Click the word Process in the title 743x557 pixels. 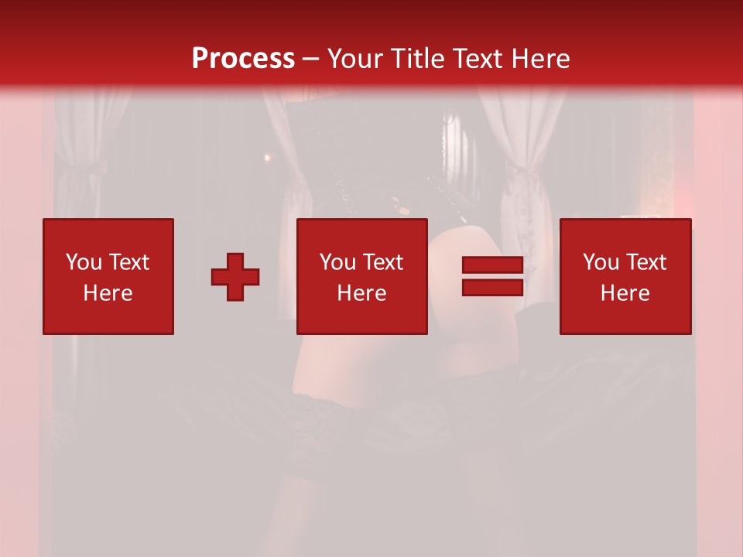[243, 59]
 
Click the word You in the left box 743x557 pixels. [83, 262]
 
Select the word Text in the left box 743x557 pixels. [128, 262]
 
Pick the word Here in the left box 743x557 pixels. [108, 293]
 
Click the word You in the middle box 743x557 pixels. [337, 262]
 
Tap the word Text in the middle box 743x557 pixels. [382, 262]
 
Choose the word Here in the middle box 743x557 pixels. [361, 293]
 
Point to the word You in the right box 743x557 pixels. [601, 262]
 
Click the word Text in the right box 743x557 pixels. [645, 262]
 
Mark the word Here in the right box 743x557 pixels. [625, 293]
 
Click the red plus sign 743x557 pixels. [235, 277]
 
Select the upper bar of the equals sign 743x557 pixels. [492, 265]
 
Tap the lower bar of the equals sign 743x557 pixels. [492, 288]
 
